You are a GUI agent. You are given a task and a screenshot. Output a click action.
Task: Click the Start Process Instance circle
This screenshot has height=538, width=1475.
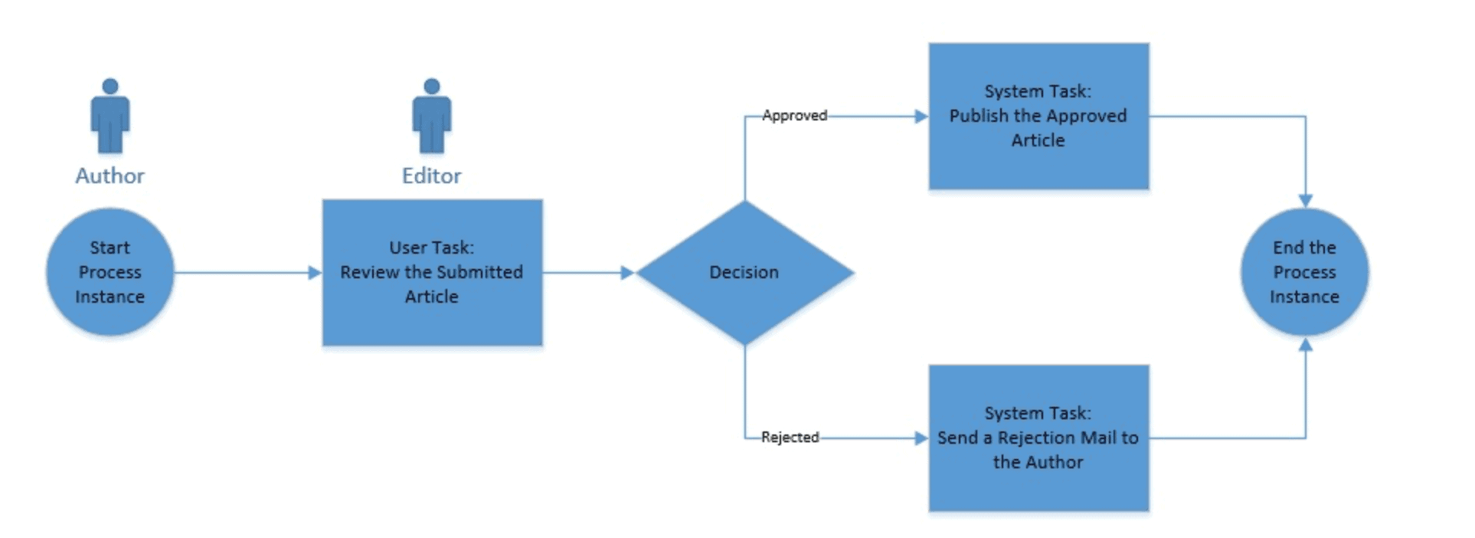coord(110,272)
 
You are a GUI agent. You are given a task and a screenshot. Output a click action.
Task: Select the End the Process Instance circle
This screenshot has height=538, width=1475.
coord(1304,272)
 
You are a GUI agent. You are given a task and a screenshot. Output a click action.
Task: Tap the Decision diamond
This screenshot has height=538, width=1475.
coord(744,272)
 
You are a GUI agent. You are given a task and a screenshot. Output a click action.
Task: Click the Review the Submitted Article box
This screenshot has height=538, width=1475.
coord(432,272)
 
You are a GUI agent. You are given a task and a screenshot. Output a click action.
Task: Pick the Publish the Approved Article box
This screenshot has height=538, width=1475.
coord(1038,116)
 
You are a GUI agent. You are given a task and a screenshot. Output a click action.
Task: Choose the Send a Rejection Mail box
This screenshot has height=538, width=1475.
coord(1038,438)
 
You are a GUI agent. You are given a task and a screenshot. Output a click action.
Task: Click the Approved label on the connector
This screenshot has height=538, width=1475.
coord(794,116)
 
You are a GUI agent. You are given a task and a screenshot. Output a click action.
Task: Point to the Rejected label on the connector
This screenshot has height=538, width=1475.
coord(790,438)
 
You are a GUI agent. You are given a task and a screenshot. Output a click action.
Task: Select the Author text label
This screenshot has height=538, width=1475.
coord(110,176)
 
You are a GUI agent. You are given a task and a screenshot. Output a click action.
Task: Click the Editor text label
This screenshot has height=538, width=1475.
coord(432,176)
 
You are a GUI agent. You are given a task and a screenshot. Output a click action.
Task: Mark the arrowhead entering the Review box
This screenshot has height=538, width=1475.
coord(315,272)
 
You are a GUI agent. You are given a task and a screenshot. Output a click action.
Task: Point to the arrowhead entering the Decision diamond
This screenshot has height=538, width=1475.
coord(627,272)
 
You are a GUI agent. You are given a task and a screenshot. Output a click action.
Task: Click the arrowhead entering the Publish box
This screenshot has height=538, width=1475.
coord(921,116)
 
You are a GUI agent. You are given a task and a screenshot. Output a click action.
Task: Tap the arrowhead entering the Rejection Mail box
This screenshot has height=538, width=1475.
coord(921,438)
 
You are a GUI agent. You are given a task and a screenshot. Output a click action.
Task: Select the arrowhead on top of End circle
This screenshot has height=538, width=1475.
coord(1305,201)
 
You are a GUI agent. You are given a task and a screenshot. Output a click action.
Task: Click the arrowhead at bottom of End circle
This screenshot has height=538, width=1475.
coord(1305,345)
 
